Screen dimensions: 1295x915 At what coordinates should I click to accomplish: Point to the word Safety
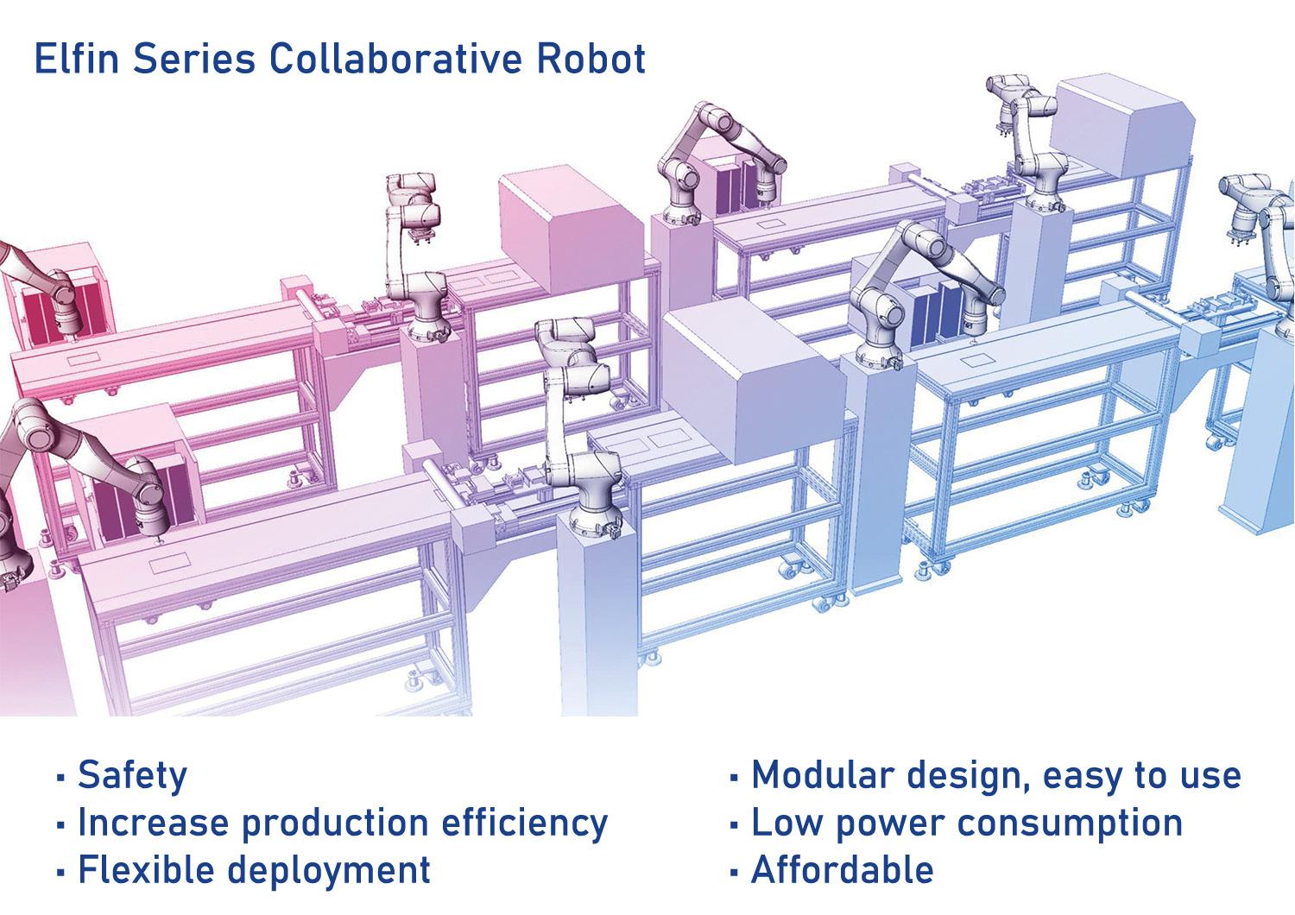click(132, 776)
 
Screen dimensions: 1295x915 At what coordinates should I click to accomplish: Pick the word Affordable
click(843, 869)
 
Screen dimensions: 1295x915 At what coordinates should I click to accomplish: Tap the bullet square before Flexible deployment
click(60, 872)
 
